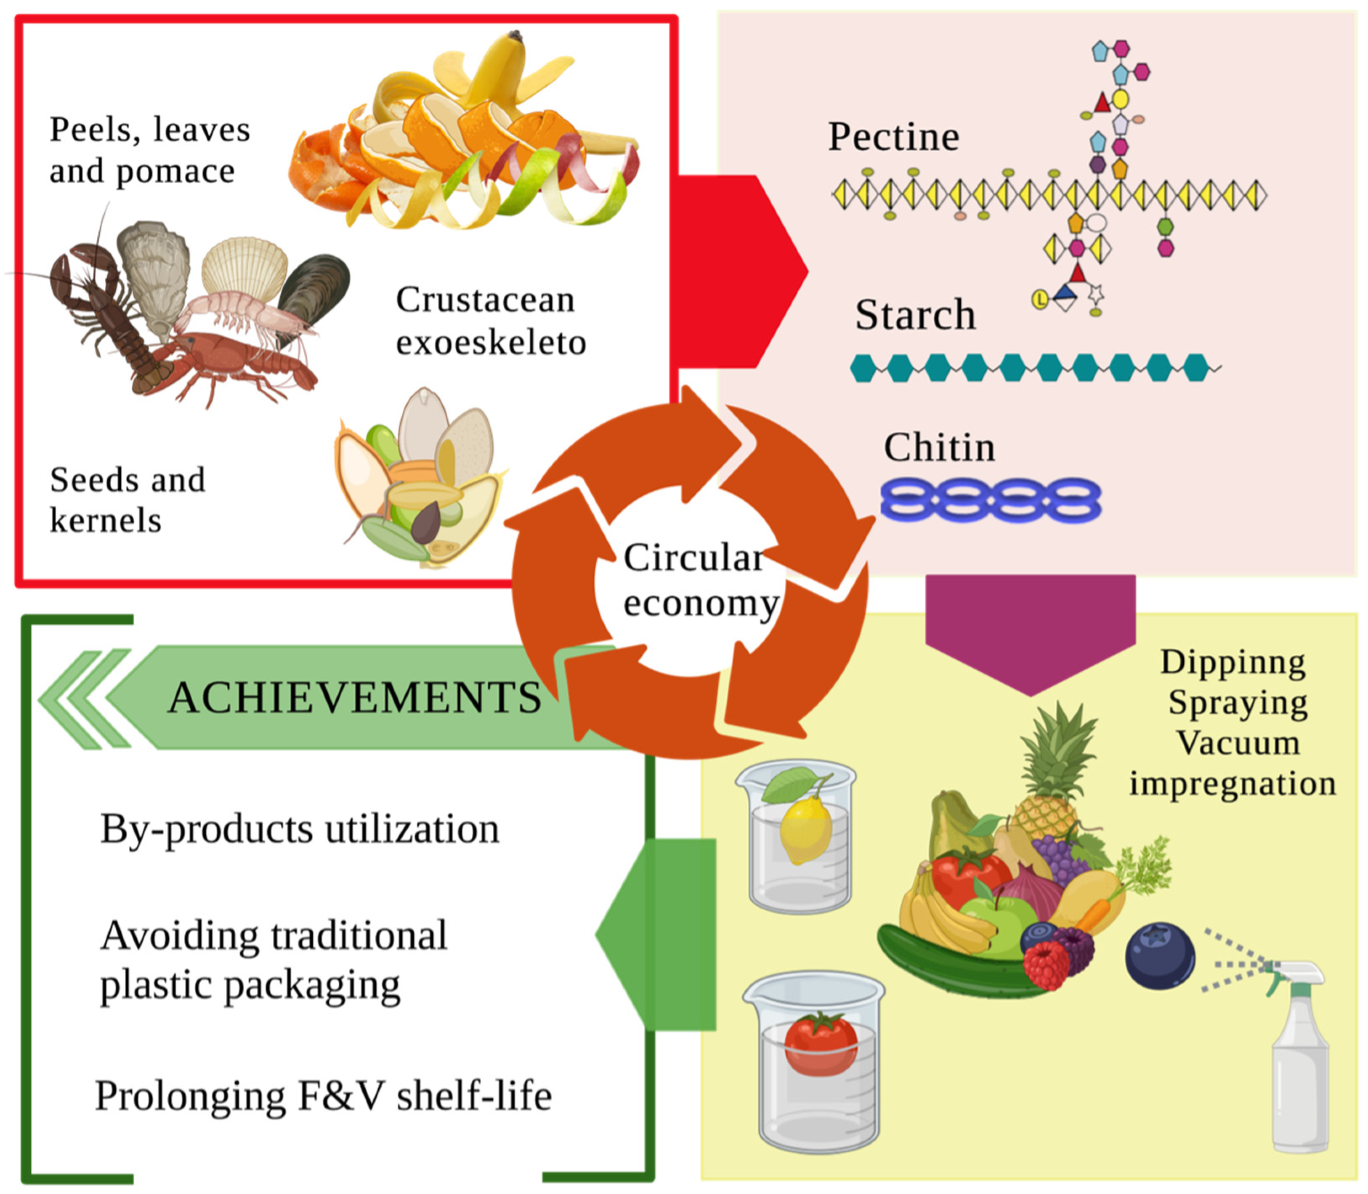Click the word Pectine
click(x=893, y=137)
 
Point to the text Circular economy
click(x=699, y=580)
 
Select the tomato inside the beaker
click(x=821, y=1043)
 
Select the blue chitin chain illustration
click(x=991, y=500)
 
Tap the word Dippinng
click(x=1233, y=663)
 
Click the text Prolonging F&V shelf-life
click(x=324, y=1096)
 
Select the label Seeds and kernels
click(x=127, y=500)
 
